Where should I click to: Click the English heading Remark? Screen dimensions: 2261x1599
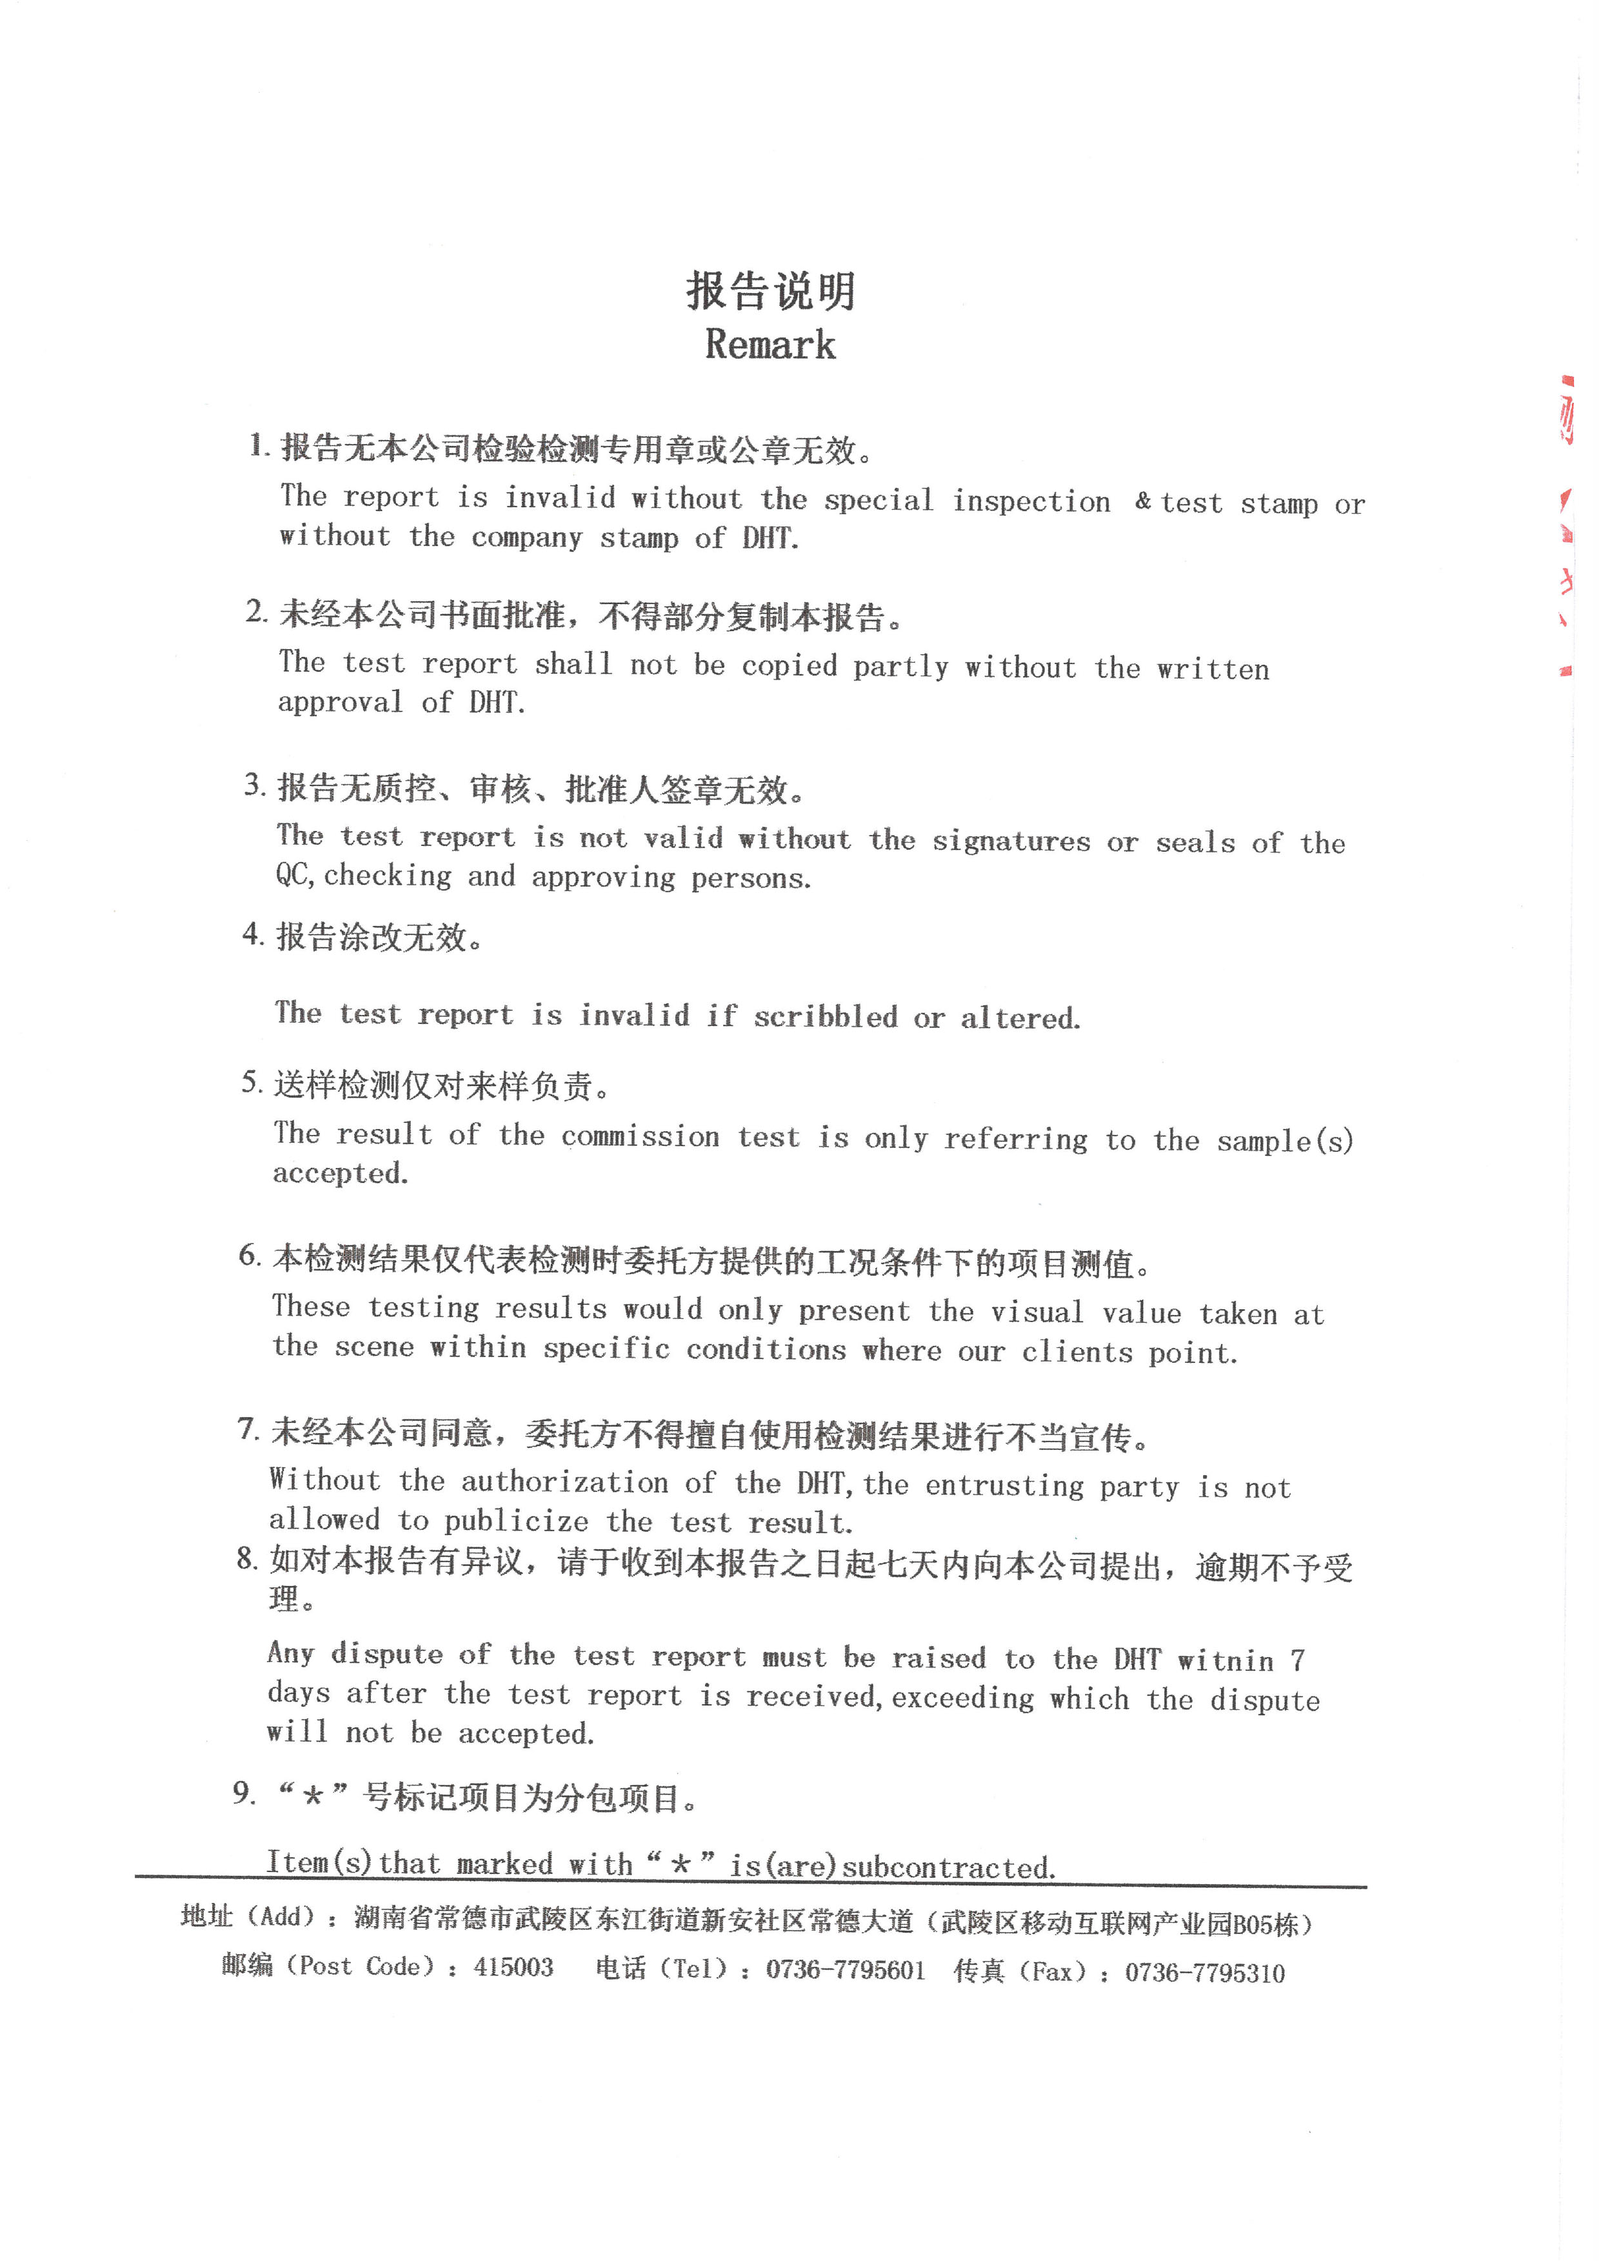(770, 345)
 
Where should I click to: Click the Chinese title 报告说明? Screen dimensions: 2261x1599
(770, 292)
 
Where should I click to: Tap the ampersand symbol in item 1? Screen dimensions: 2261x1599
(1142, 501)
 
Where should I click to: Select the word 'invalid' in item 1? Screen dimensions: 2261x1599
(561, 497)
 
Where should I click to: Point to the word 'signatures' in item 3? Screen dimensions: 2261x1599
(1011, 840)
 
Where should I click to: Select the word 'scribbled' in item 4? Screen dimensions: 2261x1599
(825, 1016)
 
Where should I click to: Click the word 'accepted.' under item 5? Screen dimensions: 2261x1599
(340, 1173)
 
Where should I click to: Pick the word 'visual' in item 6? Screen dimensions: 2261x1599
(1037, 1312)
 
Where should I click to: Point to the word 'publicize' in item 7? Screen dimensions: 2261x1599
(516, 1522)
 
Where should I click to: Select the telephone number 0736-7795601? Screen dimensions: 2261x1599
(846, 1969)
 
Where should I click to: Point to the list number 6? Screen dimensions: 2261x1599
(249, 1256)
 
